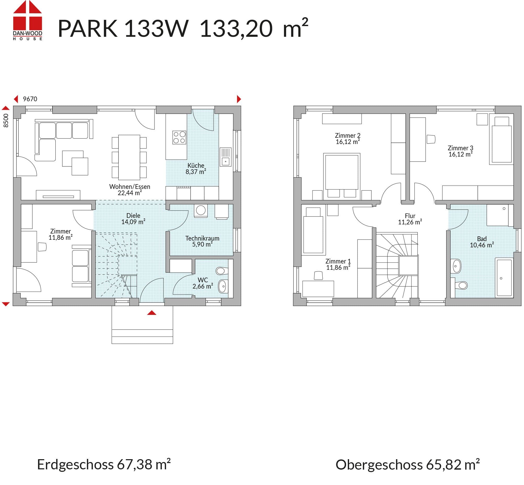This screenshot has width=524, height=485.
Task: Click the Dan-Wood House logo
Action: click(28, 20)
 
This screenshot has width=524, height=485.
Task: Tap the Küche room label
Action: click(196, 166)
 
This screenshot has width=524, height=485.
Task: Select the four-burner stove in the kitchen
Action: click(179, 137)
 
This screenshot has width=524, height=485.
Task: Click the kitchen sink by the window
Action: click(226, 157)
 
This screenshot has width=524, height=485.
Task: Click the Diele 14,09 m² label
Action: click(133, 219)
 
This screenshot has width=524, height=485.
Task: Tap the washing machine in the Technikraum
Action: click(201, 211)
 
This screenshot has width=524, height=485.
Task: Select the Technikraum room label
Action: click(202, 238)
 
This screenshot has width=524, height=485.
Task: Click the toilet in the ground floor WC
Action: click(222, 271)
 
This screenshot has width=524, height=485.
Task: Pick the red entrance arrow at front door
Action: click(151, 313)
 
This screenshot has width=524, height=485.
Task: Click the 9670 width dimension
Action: click(30, 99)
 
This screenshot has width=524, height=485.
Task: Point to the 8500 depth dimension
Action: click(6, 121)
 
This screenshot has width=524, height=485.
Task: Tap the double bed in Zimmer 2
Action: click(342, 175)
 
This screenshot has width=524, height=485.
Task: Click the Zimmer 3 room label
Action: click(461, 148)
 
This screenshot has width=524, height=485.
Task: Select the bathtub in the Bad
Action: click(504, 278)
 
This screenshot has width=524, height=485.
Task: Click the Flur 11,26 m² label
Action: click(410, 219)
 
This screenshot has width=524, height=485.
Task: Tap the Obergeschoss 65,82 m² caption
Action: click(407, 465)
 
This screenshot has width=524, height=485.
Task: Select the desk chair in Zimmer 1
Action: click(318, 276)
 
